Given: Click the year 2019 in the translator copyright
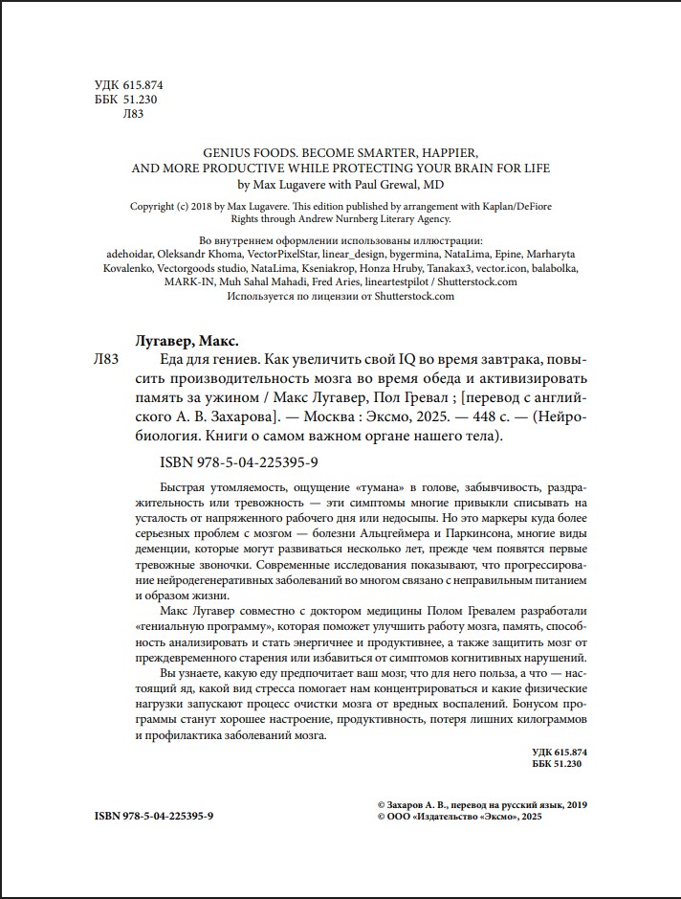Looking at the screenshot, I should click(573, 805).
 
